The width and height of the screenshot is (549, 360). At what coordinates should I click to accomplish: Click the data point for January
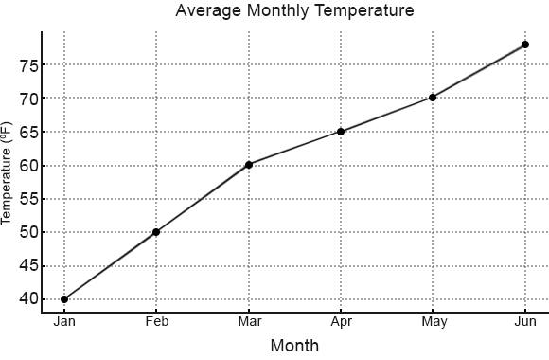(x=64, y=299)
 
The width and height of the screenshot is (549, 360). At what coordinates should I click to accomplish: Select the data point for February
(x=156, y=232)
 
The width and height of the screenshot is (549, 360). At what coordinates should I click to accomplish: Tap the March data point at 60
(x=249, y=165)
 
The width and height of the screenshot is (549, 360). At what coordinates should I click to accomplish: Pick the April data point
(x=341, y=132)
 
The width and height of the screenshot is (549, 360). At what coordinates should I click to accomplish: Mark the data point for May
(x=433, y=98)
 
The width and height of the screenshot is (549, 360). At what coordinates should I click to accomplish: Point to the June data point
(x=524, y=45)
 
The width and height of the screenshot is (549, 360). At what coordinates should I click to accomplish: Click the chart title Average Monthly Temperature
(x=294, y=11)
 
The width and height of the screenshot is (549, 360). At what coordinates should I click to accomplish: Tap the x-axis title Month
(x=294, y=346)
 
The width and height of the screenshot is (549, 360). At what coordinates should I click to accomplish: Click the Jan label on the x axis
(x=64, y=322)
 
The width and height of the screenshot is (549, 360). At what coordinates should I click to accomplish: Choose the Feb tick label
(x=156, y=322)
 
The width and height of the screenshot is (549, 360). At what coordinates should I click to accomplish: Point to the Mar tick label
(x=249, y=322)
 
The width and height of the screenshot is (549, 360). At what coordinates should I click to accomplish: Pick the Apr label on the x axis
(x=341, y=322)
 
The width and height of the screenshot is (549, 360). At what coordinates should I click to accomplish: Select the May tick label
(x=433, y=322)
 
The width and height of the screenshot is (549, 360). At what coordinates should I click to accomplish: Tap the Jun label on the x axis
(x=524, y=322)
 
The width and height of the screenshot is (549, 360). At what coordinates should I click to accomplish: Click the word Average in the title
(x=205, y=11)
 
